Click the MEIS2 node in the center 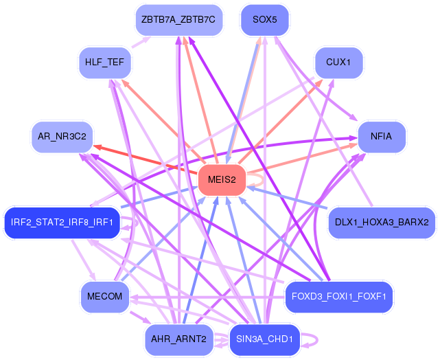click(222, 180)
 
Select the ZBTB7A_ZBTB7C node click(178, 20)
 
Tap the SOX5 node click(264, 20)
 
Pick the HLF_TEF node click(104, 62)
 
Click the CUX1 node click(338, 62)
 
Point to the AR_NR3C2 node click(62, 136)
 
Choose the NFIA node click(381, 136)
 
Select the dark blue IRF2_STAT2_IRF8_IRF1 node click(62, 222)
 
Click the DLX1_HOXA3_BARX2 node click(382, 222)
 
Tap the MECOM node click(104, 296)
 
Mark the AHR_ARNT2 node click(178, 339)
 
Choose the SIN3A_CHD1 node click(264, 339)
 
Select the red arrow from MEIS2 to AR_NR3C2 click(144, 159)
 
